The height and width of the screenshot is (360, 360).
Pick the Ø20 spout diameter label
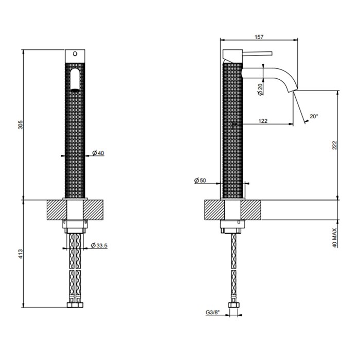261,88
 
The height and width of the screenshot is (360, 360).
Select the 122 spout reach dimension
263,121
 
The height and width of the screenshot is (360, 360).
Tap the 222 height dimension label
335,146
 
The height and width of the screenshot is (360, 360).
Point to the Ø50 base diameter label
200,180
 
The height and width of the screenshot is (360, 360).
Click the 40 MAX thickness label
335,238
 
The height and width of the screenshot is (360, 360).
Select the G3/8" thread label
213,312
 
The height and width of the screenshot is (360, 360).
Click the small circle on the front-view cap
76,53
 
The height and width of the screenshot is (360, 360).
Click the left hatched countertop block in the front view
57,210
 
